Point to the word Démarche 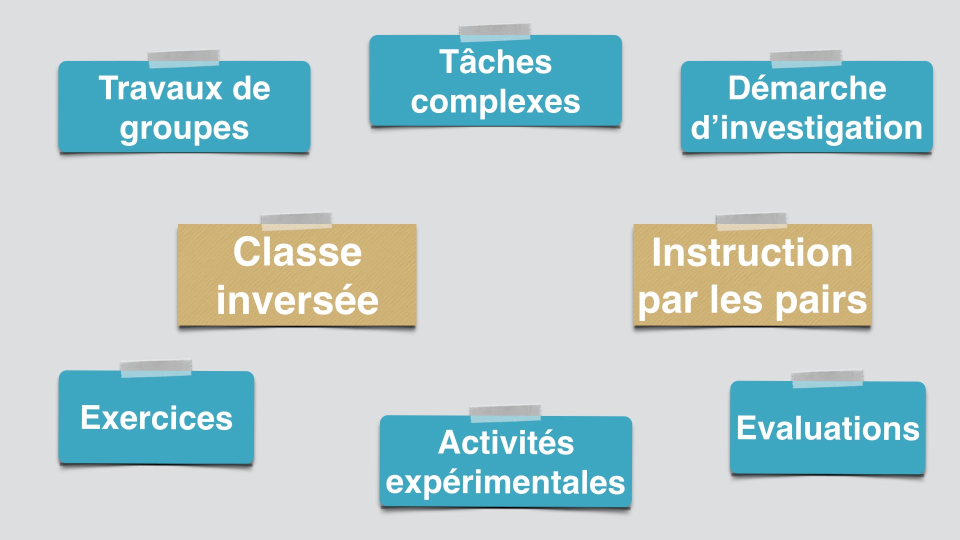click(807, 88)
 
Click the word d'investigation click(806, 128)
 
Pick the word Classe click(297, 252)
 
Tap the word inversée click(297, 300)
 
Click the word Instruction click(752, 252)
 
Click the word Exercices click(156, 417)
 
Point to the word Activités click(506, 442)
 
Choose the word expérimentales click(505, 483)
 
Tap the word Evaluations click(828, 428)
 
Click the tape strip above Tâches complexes click(495, 32)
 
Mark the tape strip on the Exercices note click(156, 368)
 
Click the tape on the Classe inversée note click(296, 221)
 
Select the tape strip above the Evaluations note click(827, 379)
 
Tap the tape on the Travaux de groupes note click(183, 58)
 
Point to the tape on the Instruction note click(751, 221)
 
